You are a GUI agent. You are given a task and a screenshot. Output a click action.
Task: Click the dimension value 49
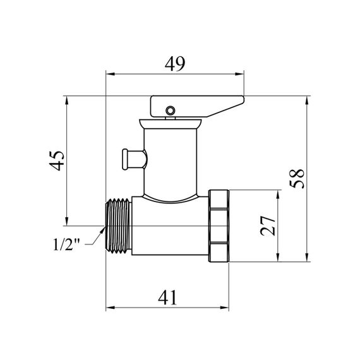[x=174, y=64]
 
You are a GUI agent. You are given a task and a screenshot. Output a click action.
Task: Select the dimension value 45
[x=56, y=160]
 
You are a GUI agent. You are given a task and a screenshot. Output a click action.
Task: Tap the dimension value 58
[x=297, y=179]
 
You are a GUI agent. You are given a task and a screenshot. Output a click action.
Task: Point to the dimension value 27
[x=268, y=225]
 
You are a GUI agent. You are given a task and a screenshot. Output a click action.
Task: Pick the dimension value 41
[x=167, y=297]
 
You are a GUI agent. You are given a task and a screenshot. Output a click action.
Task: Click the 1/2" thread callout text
[x=66, y=244]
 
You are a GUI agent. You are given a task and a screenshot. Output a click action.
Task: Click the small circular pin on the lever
[x=170, y=111]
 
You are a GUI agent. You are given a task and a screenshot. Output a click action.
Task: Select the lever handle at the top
[x=197, y=107]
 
